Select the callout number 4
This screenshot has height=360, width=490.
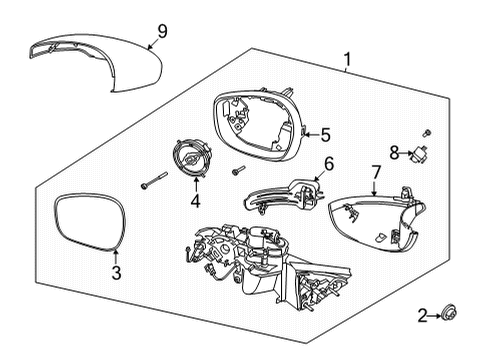(195, 201)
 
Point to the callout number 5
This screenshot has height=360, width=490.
(324, 134)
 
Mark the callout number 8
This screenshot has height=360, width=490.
(394, 153)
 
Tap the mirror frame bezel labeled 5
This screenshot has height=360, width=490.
(257, 122)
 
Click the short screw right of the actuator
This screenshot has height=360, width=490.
(238, 171)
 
